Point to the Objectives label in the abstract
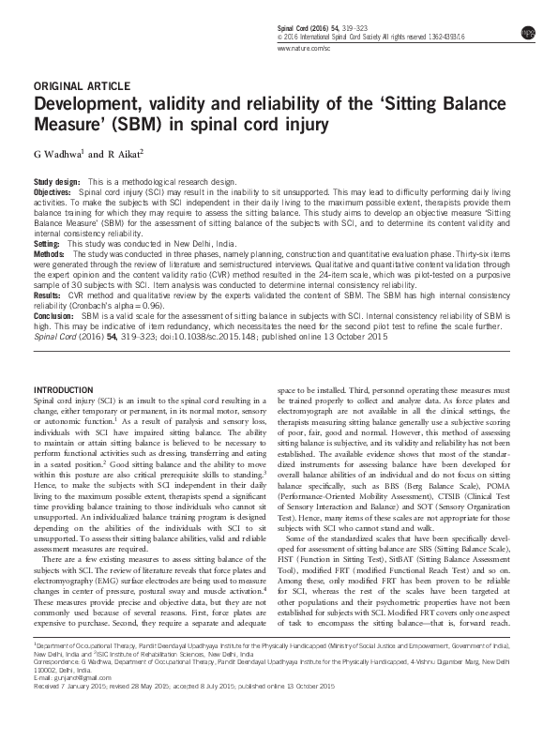coord(53,189)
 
